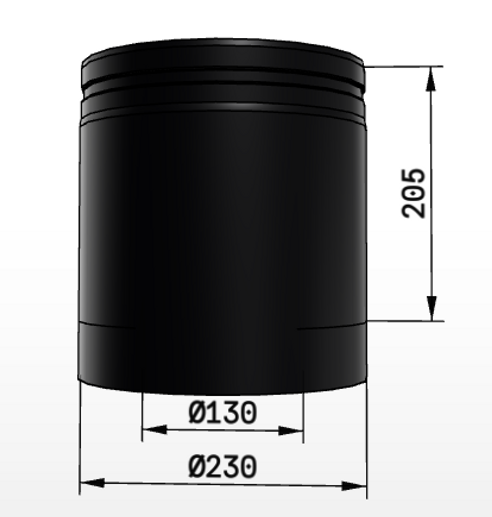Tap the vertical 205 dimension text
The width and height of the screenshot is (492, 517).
(413, 193)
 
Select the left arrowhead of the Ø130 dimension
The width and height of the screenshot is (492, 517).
(155, 429)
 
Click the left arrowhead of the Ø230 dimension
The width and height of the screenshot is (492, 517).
(92, 483)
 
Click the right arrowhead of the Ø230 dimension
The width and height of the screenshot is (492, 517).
(354, 486)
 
